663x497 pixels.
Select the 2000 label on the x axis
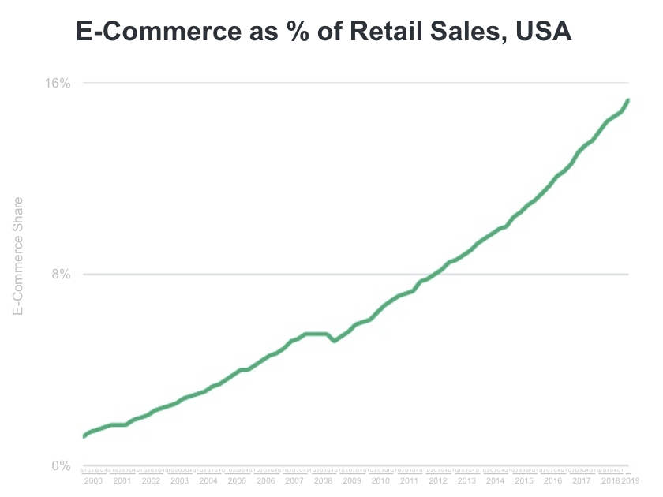(93, 480)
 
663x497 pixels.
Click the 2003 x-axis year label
(179, 480)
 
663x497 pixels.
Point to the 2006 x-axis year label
(265, 480)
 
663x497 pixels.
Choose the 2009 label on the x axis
(351, 480)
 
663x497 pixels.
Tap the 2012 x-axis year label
(437, 480)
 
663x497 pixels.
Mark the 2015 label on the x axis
(523, 480)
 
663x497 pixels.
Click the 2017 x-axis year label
(581, 480)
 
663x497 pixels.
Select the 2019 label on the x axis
(631, 480)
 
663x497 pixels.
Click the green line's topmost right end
(628, 100)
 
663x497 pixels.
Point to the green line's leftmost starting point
(84, 436)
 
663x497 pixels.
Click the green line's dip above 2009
(335, 341)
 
